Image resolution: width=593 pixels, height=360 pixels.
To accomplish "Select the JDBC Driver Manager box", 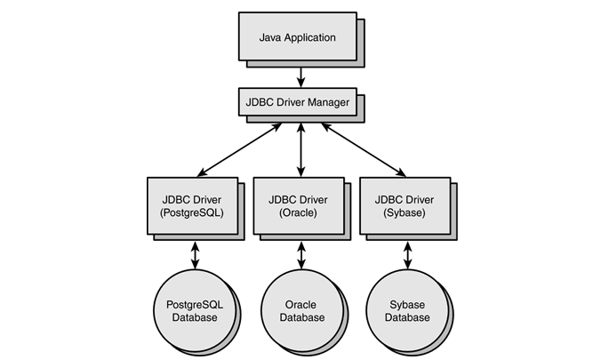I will (297, 102).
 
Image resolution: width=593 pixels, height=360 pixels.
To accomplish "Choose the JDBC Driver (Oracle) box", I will (297, 205).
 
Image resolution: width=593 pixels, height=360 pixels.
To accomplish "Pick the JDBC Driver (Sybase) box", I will (403, 205).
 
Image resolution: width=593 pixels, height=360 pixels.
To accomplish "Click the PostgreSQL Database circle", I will (192, 310).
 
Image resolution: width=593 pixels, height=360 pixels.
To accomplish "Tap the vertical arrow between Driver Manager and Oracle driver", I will (301, 149).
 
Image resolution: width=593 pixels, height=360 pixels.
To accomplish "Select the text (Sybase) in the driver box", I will (403, 213).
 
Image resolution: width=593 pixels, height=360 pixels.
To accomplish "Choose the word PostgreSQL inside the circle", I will (192, 304).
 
